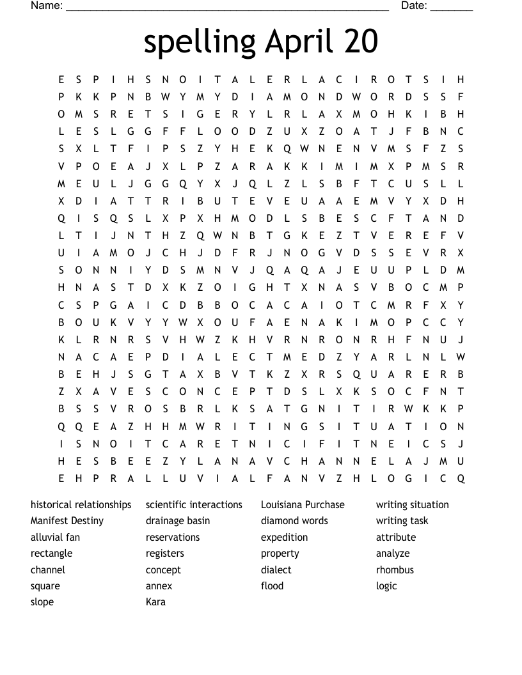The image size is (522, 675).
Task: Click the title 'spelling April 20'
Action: (x=261, y=42)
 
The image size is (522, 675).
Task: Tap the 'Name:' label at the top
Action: (x=47, y=6)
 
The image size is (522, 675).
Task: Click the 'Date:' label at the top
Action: (x=414, y=6)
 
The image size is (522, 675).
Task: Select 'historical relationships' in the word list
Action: (x=81, y=505)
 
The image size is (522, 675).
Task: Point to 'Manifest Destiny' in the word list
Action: (x=67, y=521)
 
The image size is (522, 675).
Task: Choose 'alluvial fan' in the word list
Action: (x=55, y=538)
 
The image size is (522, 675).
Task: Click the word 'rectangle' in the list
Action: (x=51, y=554)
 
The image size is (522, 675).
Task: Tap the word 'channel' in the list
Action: (x=48, y=570)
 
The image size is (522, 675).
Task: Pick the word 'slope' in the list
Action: (x=42, y=602)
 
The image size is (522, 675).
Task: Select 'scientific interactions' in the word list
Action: (x=194, y=505)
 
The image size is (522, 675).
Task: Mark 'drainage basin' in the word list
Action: (x=178, y=521)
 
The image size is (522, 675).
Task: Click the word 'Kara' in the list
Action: (x=155, y=602)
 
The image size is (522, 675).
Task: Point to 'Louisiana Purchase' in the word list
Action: (x=303, y=505)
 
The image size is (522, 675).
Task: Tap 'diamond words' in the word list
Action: (x=294, y=521)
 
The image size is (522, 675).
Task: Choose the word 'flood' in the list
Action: (x=272, y=586)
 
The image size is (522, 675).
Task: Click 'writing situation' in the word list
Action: (x=413, y=505)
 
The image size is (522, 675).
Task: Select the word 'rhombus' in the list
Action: (x=395, y=570)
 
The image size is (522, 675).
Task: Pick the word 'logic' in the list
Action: (x=386, y=586)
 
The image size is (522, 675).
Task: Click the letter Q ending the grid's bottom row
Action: (x=461, y=478)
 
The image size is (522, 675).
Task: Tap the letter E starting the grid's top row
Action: (x=61, y=80)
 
